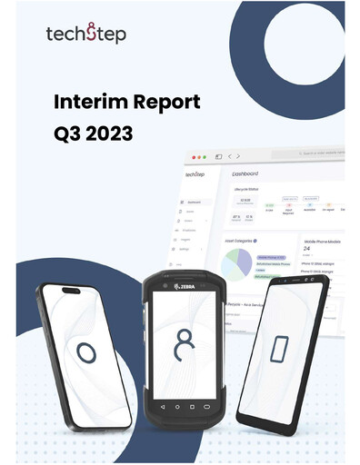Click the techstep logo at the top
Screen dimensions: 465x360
[86, 35]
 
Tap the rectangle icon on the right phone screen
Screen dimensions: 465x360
[282, 350]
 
